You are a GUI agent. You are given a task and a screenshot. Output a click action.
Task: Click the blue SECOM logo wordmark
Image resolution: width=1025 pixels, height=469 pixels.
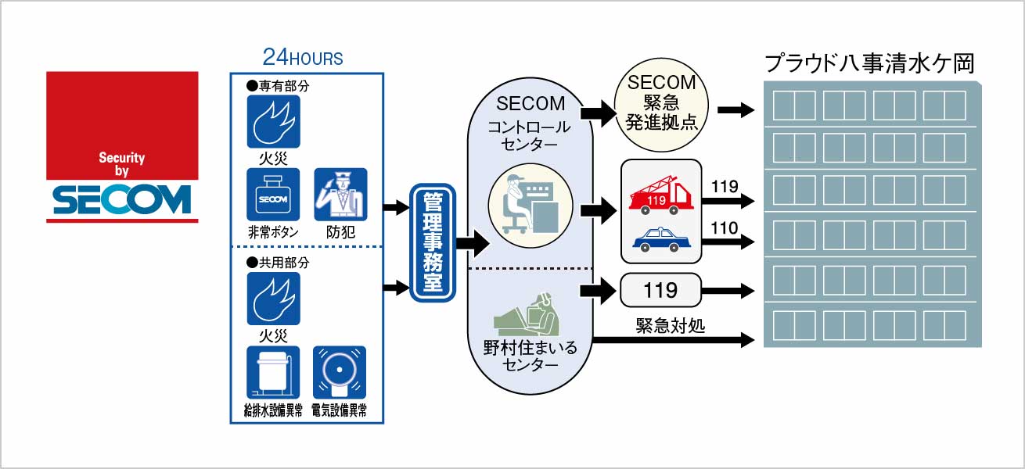[122, 199]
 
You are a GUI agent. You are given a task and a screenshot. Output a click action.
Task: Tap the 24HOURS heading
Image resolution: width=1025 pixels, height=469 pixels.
[303, 58]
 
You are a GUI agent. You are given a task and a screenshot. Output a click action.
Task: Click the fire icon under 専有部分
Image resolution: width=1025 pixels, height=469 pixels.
[274, 121]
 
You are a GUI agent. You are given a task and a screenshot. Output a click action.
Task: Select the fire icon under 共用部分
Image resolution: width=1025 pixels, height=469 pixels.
[274, 299]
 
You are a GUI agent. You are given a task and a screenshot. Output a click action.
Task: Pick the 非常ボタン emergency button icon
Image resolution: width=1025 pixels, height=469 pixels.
[274, 195]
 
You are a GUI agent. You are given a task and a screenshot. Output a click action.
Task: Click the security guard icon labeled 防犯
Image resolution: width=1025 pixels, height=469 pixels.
[340, 195]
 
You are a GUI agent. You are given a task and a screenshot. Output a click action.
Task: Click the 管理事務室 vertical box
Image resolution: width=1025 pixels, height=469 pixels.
[433, 243]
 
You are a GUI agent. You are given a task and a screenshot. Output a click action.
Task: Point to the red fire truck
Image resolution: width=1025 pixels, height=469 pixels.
[660, 195]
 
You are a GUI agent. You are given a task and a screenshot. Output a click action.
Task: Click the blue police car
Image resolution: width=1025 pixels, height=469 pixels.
[661, 238]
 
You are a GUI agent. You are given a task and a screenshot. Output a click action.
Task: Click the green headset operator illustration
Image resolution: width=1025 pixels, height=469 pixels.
[528, 313]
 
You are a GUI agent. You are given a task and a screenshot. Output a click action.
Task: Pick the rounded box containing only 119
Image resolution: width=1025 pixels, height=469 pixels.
[660, 291]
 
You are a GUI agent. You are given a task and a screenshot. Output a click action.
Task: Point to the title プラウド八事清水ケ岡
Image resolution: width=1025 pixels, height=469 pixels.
[869, 63]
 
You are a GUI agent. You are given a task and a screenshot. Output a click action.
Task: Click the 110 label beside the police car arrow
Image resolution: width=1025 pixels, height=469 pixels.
[725, 228]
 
